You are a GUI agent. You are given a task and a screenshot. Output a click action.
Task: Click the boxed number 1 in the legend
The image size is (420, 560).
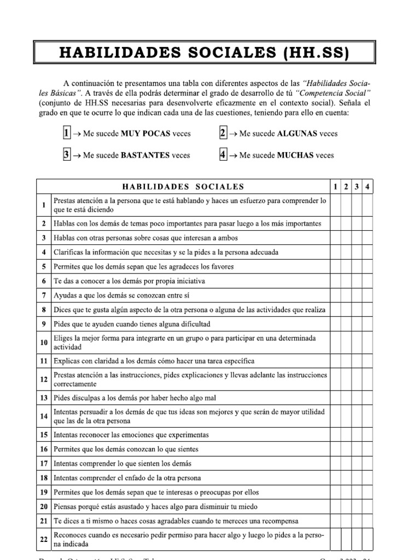66,133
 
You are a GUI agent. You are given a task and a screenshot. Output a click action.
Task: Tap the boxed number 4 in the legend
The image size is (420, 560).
223,155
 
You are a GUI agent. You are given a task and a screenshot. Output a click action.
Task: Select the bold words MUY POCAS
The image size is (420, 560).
146,133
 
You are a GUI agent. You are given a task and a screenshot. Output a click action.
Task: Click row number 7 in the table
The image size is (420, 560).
43,295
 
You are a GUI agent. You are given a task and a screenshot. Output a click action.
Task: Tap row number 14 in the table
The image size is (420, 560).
43,416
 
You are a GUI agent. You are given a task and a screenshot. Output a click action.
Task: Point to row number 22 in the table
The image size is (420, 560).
43,539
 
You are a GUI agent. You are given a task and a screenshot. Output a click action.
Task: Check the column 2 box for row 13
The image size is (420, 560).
346,398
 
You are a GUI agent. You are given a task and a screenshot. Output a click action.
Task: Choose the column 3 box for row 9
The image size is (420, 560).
357,324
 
